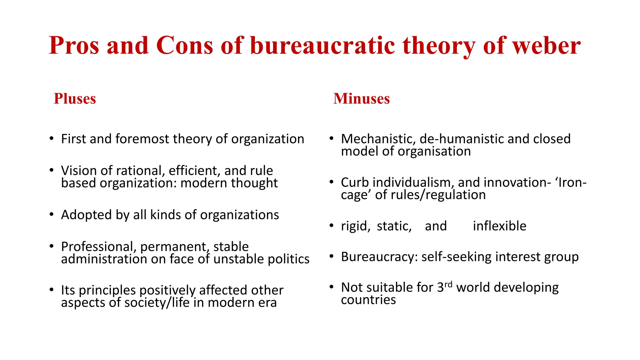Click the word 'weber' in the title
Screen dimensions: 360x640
click(x=547, y=46)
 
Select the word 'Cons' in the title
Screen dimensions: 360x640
click(x=184, y=46)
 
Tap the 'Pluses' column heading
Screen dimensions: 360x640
click(x=75, y=98)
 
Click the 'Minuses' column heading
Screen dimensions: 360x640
click(x=362, y=98)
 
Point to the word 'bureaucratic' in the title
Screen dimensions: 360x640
click(x=322, y=46)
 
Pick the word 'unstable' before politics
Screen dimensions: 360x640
click(x=237, y=259)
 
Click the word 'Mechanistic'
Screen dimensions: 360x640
click(x=378, y=139)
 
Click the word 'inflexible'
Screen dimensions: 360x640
click(x=499, y=226)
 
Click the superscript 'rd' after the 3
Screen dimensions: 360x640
click(x=448, y=284)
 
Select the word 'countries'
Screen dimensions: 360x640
click(x=368, y=300)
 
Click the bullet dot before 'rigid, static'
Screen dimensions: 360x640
click(x=332, y=226)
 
